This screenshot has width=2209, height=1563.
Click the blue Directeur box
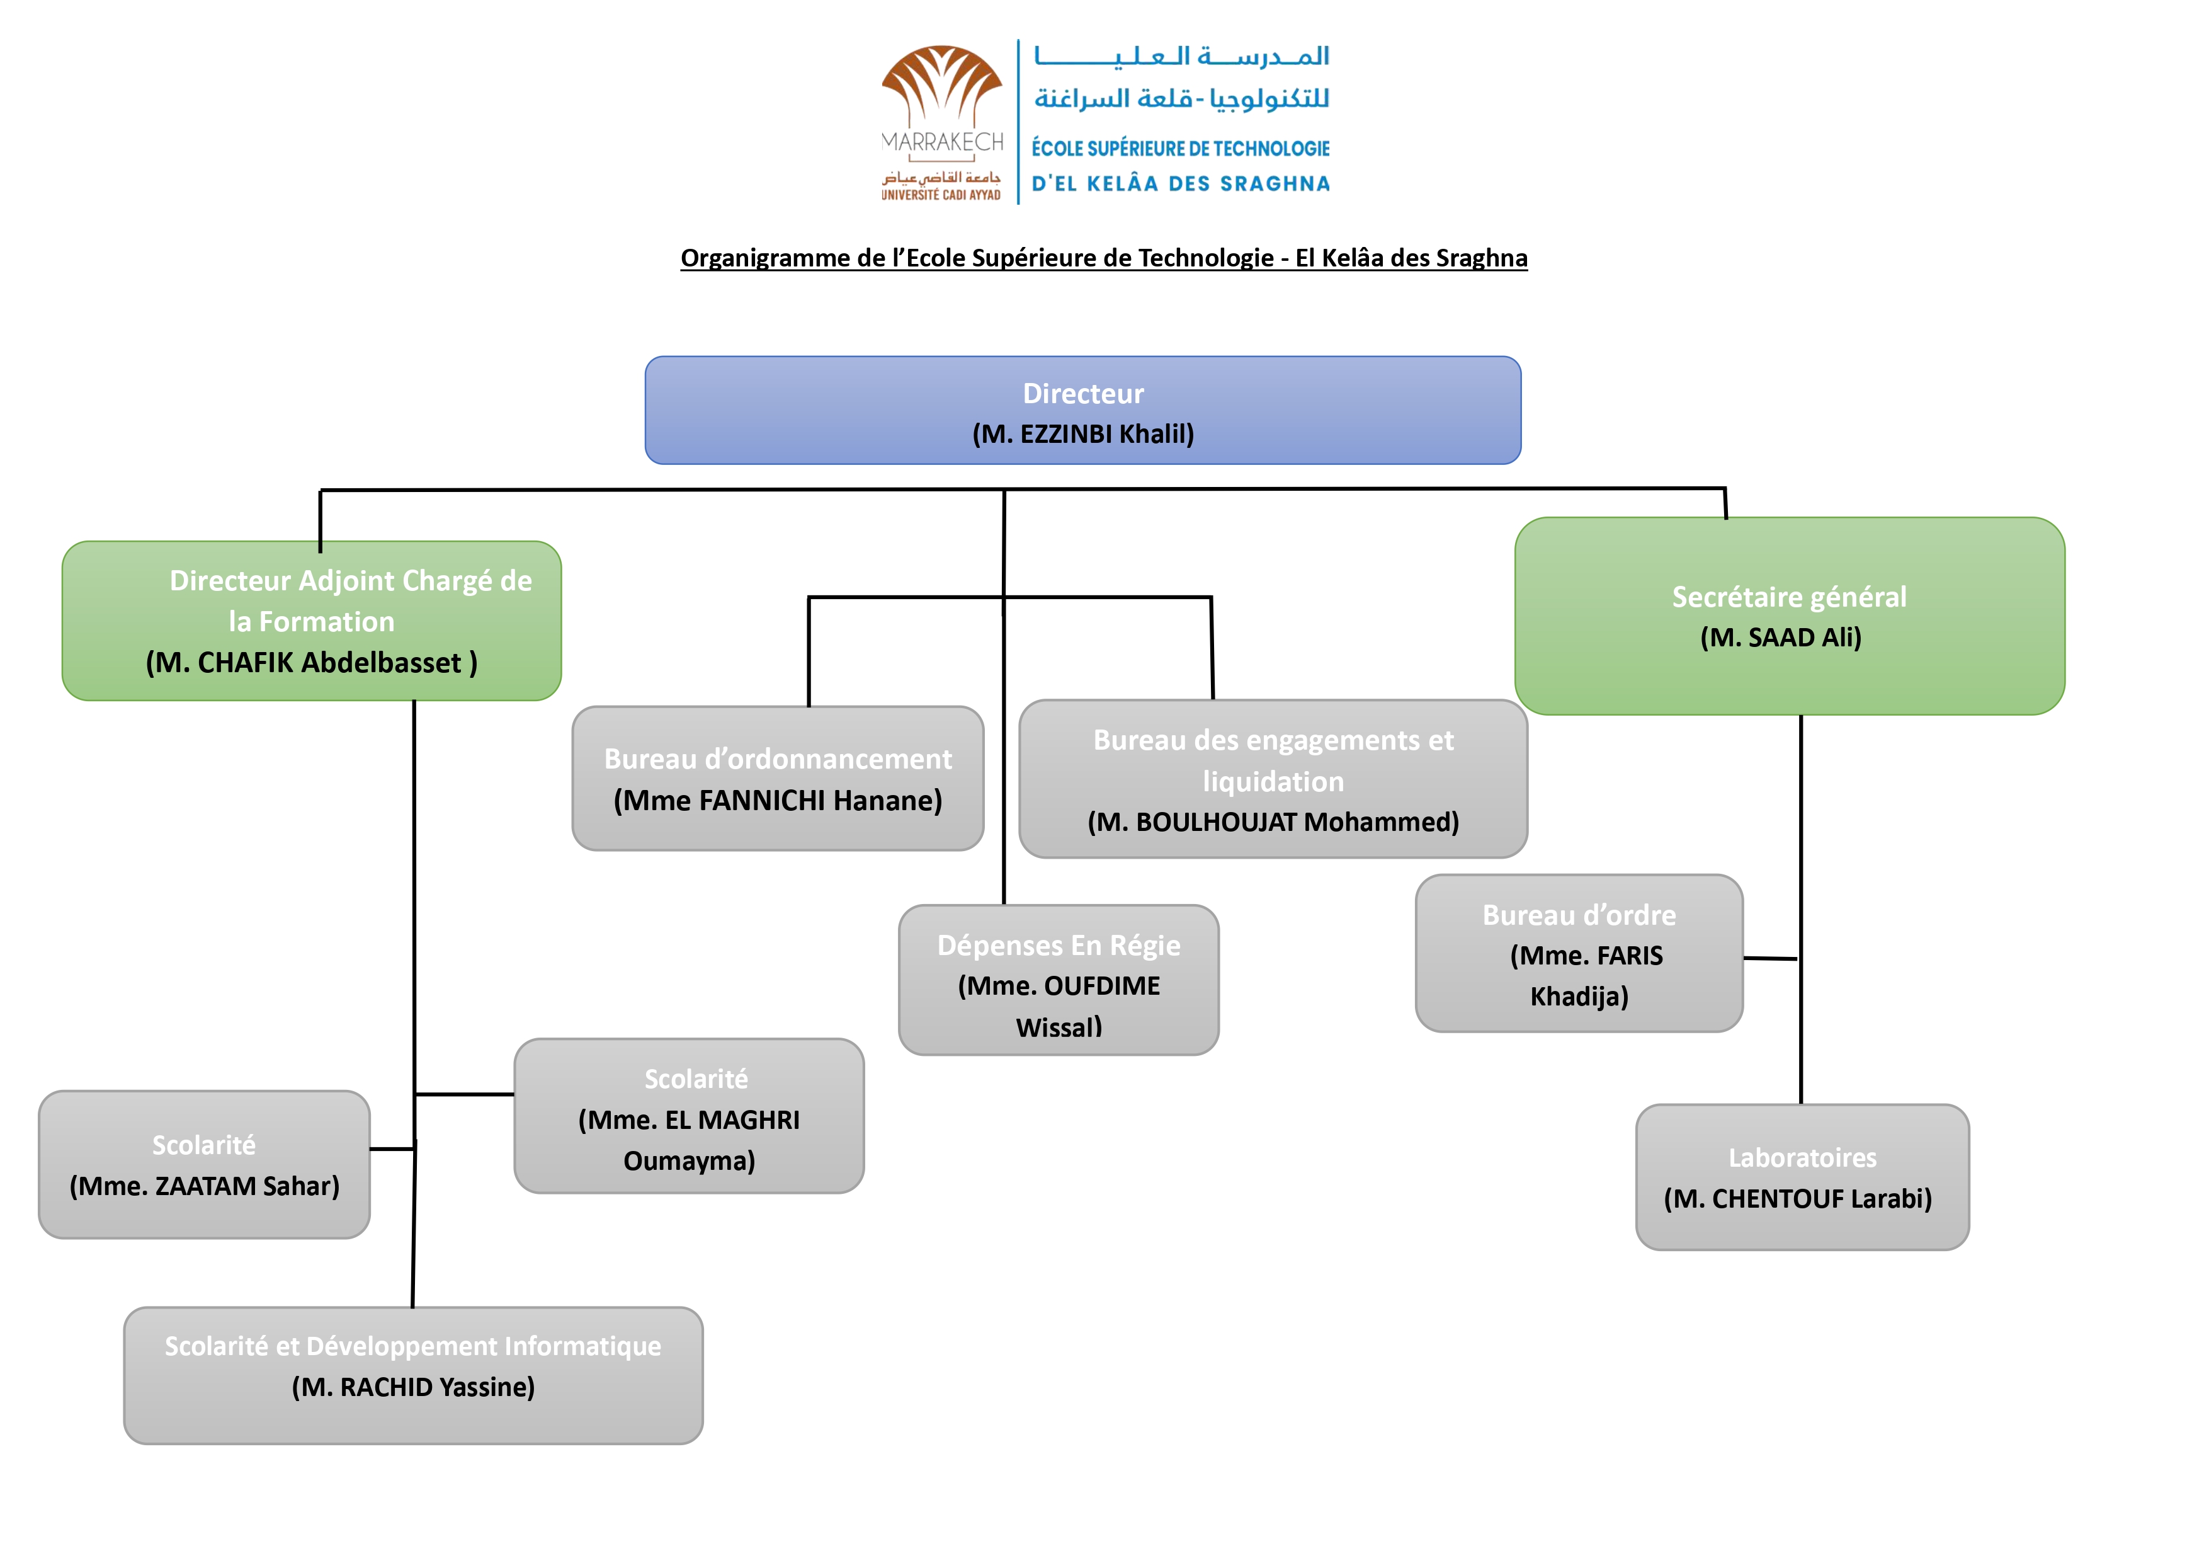pyautogui.click(x=1082, y=410)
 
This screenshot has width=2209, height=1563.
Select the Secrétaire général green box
pyautogui.click(x=1790, y=616)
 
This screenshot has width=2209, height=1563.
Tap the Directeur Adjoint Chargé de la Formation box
pyautogui.click(x=312, y=621)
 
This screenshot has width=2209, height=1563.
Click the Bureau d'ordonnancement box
pyautogui.click(x=778, y=779)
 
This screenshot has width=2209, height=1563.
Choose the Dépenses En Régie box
pyautogui.click(x=1059, y=980)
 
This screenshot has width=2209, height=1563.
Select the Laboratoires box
pyautogui.click(x=1802, y=1177)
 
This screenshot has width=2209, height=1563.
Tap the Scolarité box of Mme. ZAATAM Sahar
pyautogui.click(x=204, y=1165)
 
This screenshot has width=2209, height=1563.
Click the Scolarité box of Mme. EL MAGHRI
pyautogui.click(x=689, y=1116)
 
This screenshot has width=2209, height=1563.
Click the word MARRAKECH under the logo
pyautogui.click(x=943, y=142)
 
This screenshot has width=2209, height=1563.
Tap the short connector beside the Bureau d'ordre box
pyautogui.click(x=1770, y=959)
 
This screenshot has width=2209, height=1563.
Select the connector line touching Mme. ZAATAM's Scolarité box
pyautogui.click(x=392, y=1148)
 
